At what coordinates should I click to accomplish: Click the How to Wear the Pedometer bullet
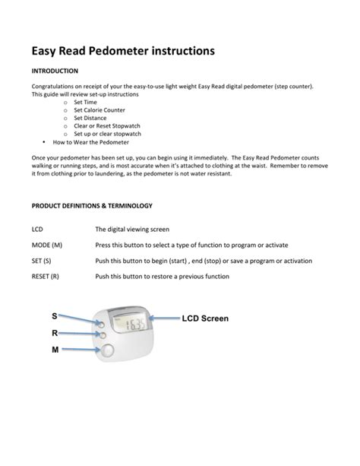coord(91,142)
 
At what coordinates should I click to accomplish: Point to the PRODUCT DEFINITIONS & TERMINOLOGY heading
coord(92,206)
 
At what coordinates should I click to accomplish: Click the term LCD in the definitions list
coord(36,229)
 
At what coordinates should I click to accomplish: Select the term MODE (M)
coord(46,246)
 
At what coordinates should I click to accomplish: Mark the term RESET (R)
coord(45,277)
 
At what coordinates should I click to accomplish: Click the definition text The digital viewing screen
coord(132,229)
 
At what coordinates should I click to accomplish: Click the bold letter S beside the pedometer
coord(55,315)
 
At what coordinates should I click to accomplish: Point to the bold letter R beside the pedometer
coord(55,332)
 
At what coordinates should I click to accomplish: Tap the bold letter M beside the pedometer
coord(55,350)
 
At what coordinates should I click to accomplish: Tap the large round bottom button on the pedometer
coord(106,350)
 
